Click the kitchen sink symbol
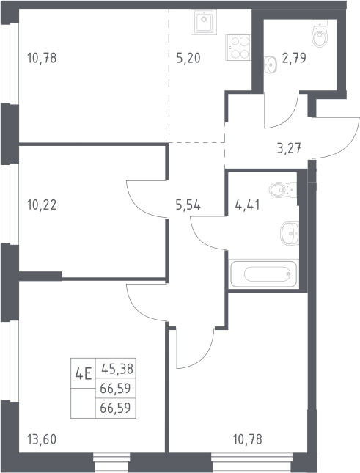tap(204, 21)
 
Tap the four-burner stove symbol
tap(238, 48)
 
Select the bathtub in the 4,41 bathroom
tap(263, 274)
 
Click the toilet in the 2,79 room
tap(320, 34)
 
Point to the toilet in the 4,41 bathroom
tap(283, 190)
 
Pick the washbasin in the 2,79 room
tap(270, 65)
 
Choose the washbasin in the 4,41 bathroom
tap(290, 233)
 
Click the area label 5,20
tap(188, 58)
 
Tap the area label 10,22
tap(42, 205)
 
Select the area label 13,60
tap(42, 439)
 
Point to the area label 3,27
tap(289, 148)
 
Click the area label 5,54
tap(188, 205)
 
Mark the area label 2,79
tap(294, 58)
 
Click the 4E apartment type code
tap(83, 375)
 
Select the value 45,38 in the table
tap(117, 369)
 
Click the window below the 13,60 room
tap(111, 462)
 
